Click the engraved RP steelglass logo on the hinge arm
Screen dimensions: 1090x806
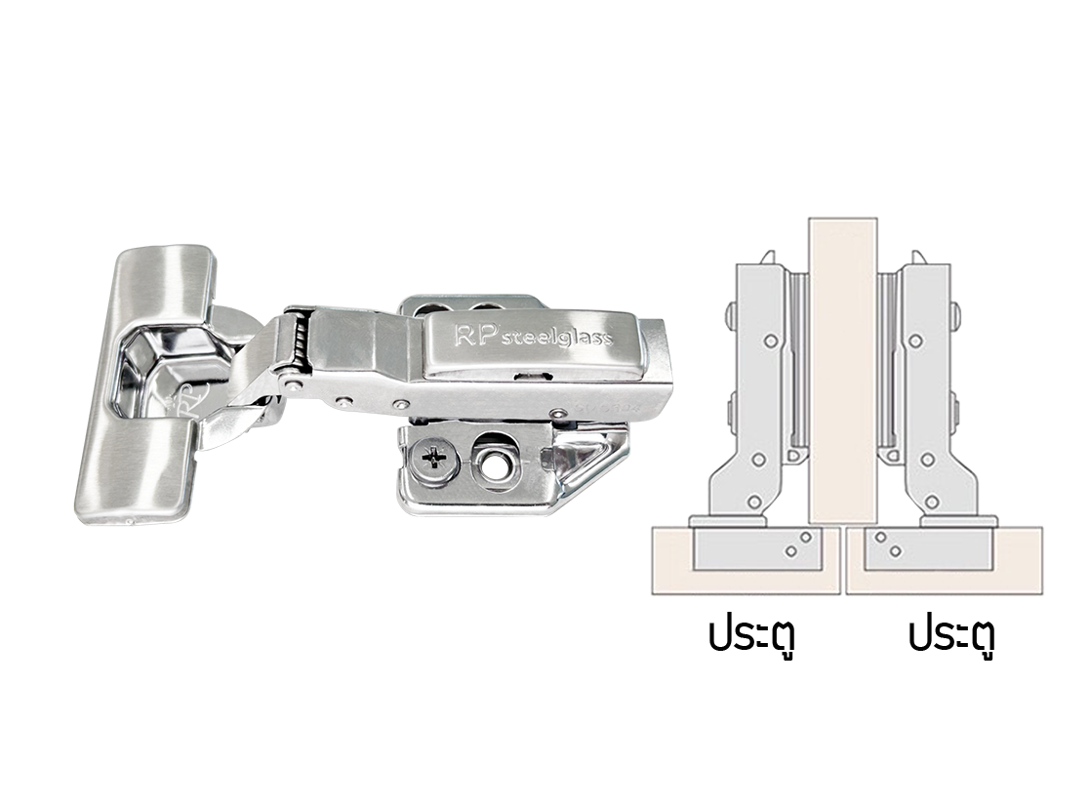534,337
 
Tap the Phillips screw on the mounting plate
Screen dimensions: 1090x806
434,459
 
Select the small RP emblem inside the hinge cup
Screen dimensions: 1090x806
187,402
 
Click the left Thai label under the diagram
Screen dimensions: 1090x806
751,636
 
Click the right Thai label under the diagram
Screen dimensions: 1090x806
951,636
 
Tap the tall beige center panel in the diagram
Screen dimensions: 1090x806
842,371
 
